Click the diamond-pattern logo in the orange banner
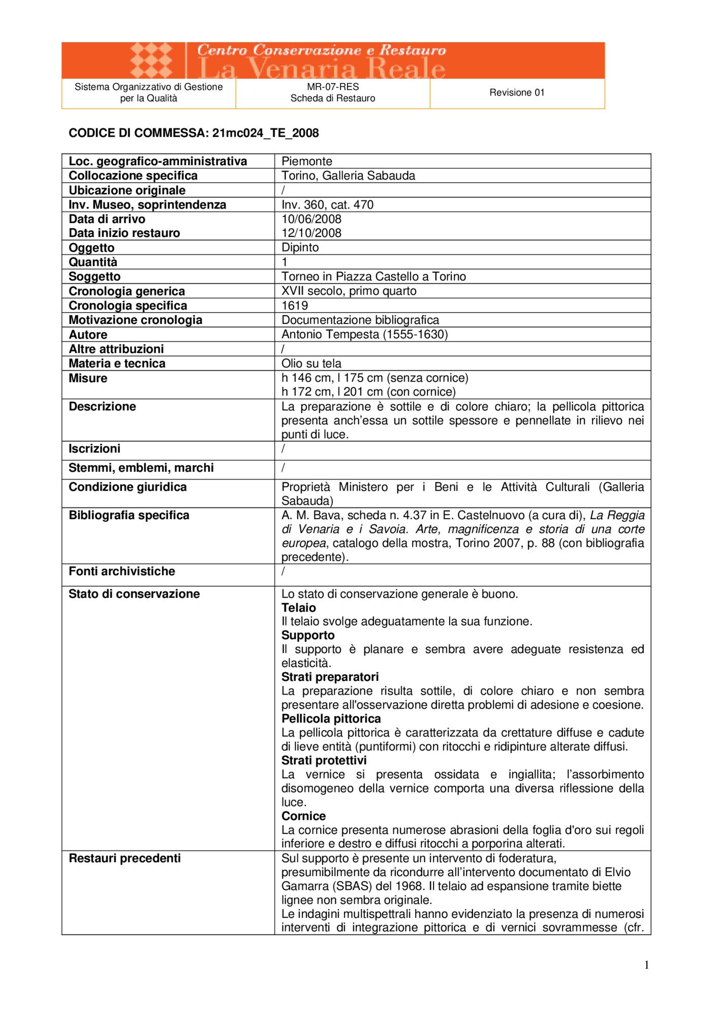151,61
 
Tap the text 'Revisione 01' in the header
517,93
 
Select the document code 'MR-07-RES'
333,87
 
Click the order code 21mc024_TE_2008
265,133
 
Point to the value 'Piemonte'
307,161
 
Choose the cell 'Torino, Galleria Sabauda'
348,175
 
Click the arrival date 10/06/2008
311,219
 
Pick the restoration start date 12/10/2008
311,233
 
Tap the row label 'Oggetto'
92,248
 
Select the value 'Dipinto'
300,248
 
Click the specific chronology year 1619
295,306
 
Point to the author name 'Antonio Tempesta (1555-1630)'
364,335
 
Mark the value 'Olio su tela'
311,364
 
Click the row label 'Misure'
88,378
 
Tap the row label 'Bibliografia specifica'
129,515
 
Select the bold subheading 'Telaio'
299,608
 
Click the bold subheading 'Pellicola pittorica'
331,719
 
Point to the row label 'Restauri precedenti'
125,858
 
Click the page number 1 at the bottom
646,965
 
